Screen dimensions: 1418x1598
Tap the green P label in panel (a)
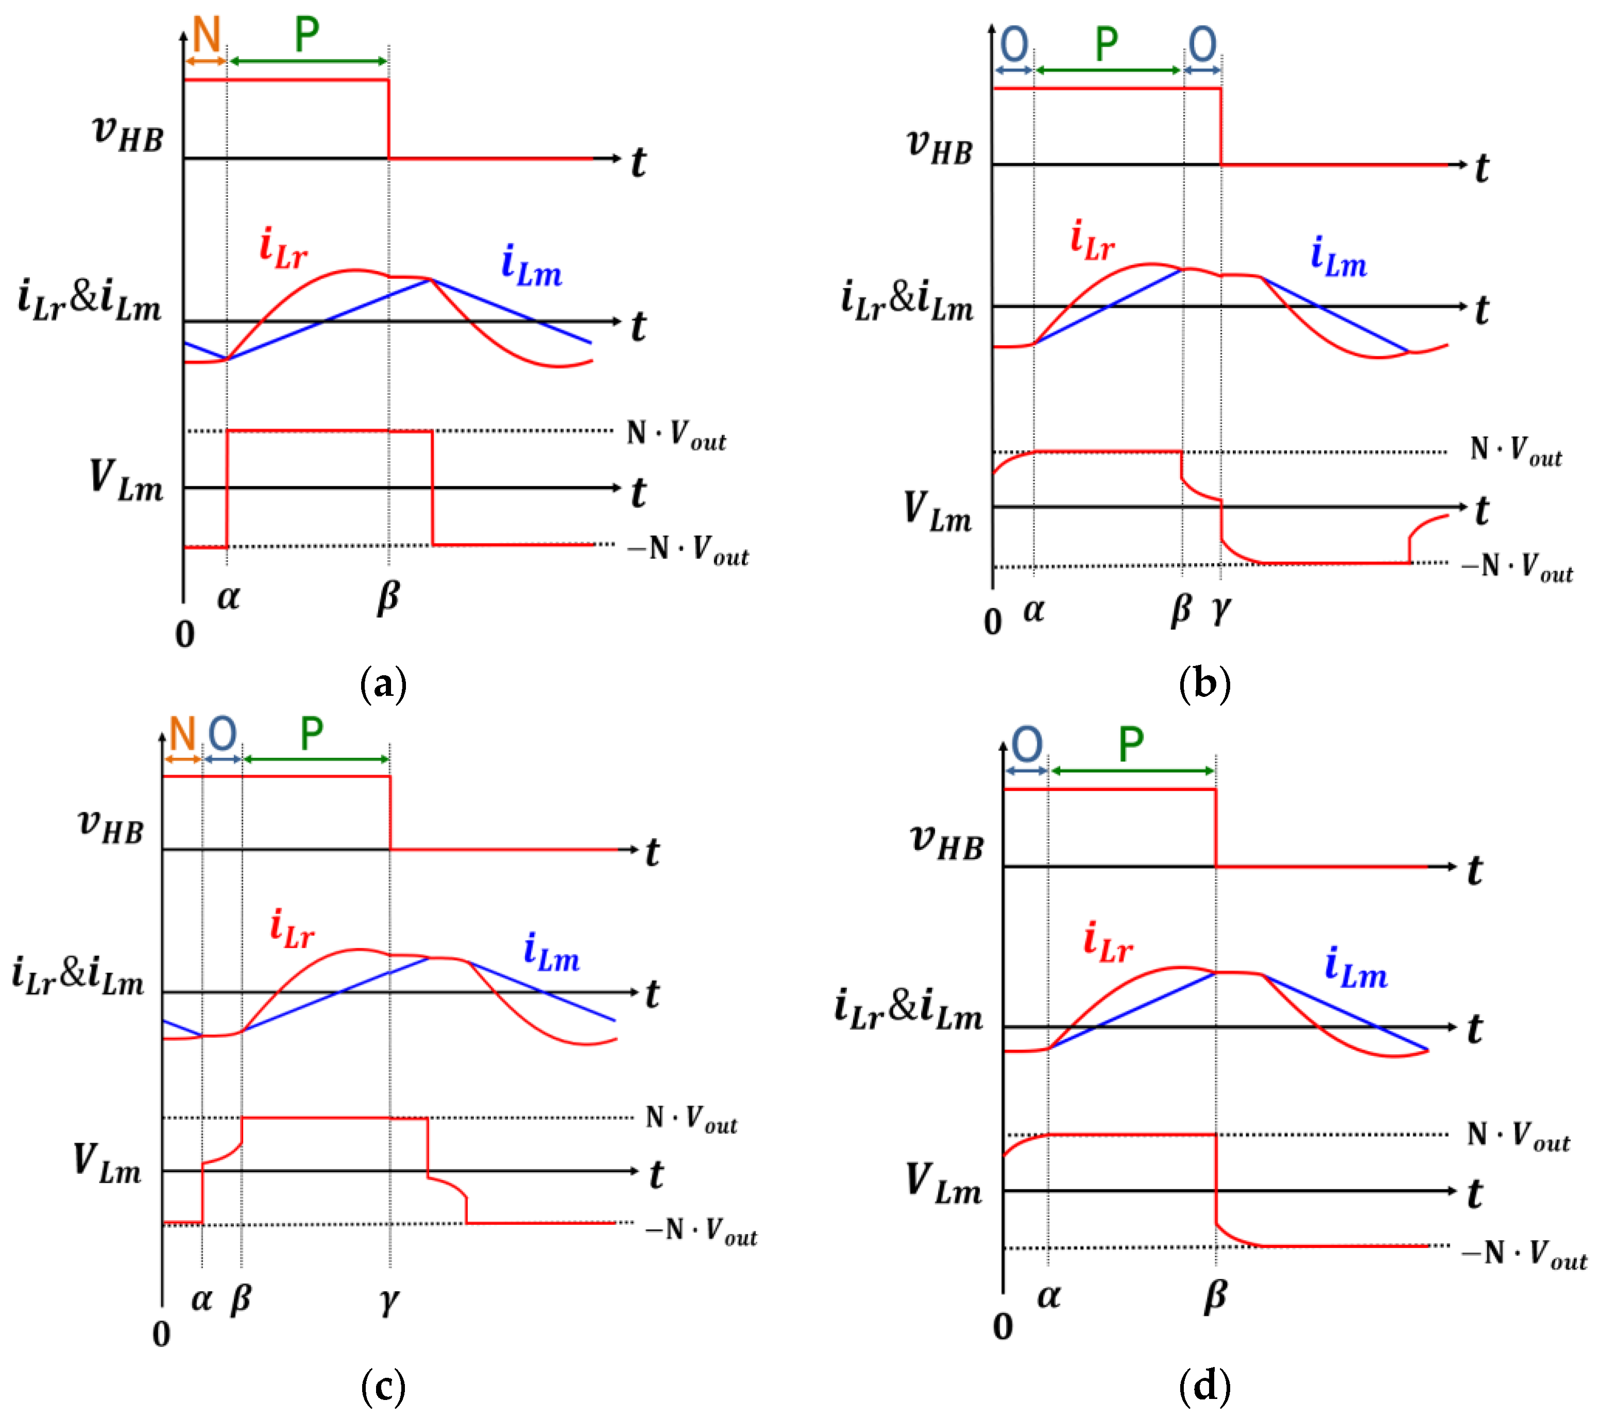click(307, 35)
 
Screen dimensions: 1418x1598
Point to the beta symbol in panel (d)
click(1215, 1296)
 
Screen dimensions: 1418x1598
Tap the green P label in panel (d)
click(1130, 744)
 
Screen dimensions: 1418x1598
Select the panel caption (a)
click(383, 684)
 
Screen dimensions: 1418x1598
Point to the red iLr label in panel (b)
click(1092, 240)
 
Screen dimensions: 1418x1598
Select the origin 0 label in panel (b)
click(993, 622)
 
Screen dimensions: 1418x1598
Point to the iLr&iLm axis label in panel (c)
click(78, 977)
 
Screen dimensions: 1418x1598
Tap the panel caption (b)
click(1204, 684)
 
